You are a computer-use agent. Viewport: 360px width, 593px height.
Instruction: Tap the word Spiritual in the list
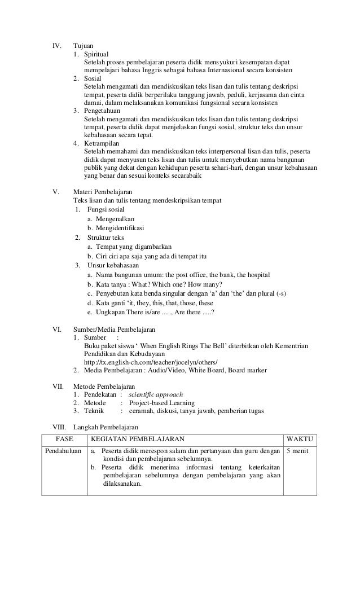pyautogui.click(x=99, y=53)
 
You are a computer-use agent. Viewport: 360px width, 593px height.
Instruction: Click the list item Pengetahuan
pyautogui.click(x=104, y=111)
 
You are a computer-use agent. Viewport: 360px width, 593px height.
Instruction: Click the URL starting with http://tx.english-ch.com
pyautogui.click(x=150, y=361)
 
